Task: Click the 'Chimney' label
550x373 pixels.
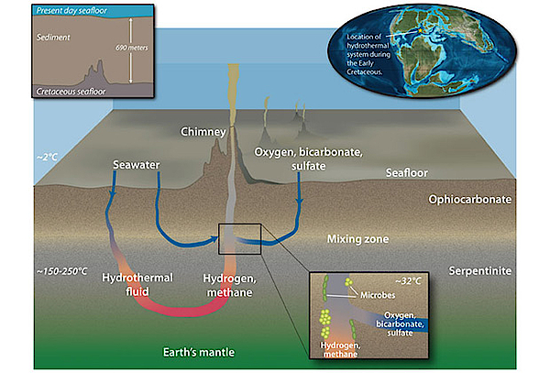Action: click(203, 132)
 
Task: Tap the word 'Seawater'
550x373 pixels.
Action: click(136, 165)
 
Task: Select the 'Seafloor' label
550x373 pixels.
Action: click(406, 173)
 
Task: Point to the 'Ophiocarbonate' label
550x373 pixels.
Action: click(469, 200)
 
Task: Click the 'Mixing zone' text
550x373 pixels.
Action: click(357, 239)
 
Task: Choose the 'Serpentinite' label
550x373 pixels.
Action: click(479, 271)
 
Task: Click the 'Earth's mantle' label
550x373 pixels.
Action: click(199, 352)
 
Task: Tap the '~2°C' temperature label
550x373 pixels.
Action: click(47, 157)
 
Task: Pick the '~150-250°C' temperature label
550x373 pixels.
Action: click(61, 271)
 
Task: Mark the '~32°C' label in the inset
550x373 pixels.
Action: click(408, 281)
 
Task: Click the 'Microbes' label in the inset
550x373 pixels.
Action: click(378, 295)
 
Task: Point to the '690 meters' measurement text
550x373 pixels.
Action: click(132, 48)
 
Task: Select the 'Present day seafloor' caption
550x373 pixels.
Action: click(71, 11)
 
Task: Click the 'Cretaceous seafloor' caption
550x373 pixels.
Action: click(71, 92)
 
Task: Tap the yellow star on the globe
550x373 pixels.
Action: click(420, 30)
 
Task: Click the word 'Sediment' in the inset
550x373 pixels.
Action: click(53, 38)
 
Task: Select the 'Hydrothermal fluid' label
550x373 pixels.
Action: click(137, 285)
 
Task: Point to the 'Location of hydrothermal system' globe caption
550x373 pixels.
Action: click(368, 54)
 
